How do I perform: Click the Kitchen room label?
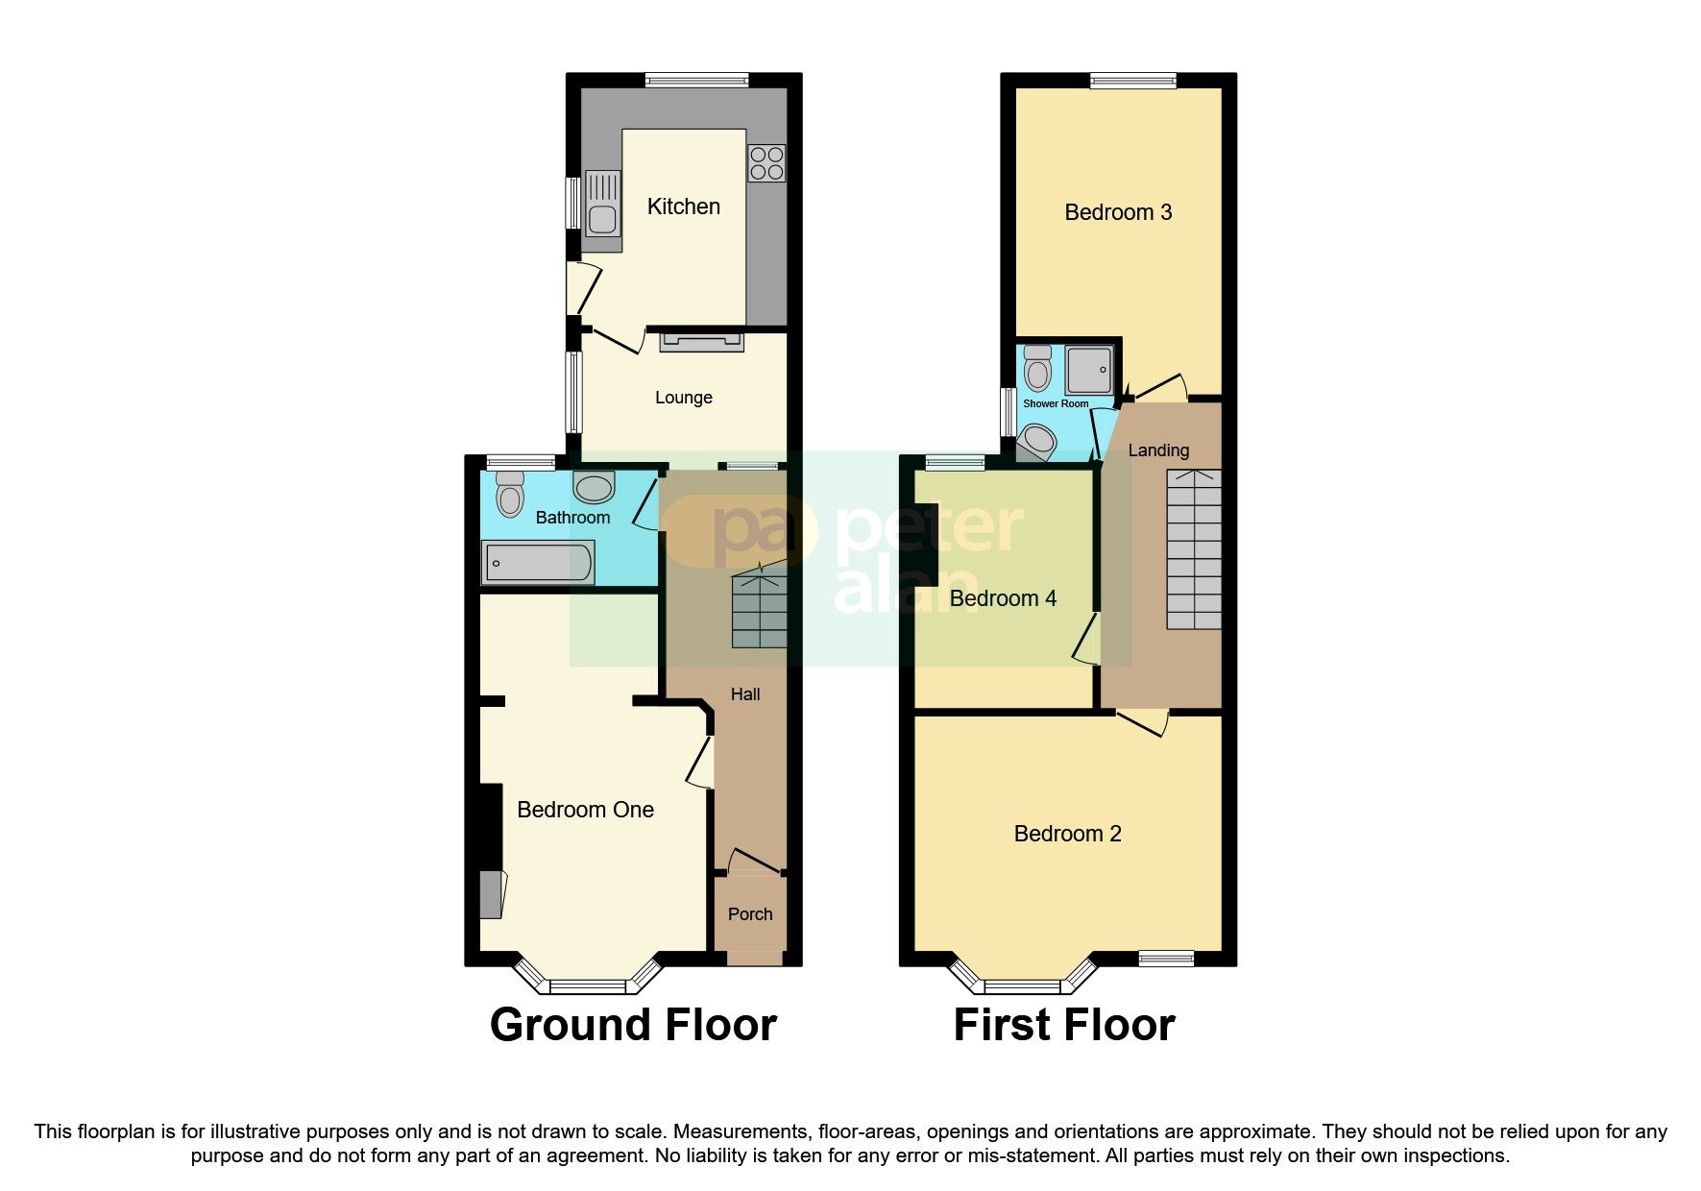point(683,207)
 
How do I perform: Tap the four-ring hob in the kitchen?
point(765,162)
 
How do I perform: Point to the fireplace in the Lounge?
point(701,342)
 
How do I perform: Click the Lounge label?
point(683,398)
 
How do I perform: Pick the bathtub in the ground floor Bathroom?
point(538,563)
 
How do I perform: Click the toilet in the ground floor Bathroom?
point(509,495)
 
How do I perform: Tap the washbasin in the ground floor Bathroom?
point(593,487)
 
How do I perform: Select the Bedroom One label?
point(585,810)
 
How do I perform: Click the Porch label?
point(749,914)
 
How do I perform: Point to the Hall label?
point(745,694)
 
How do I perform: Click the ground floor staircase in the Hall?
point(759,611)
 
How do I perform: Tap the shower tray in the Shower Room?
point(1089,369)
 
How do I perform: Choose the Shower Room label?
point(1056,403)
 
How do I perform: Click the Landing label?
point(1157,450)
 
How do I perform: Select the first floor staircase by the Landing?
point(1194,548)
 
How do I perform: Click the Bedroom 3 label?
point(1118,212)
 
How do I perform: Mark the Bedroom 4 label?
point(1003,599)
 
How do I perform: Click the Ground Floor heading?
point(633,1025)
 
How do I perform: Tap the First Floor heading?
point(1063,1025)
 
